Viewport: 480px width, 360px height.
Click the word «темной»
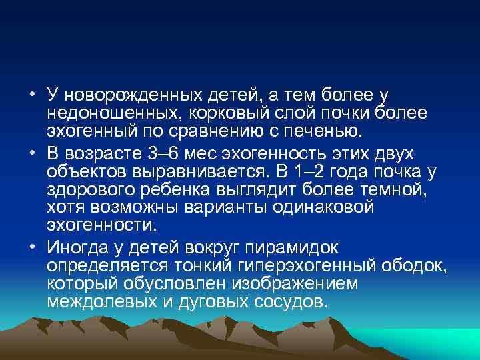pos(403,191)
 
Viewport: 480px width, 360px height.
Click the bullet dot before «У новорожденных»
pos(31,92)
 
